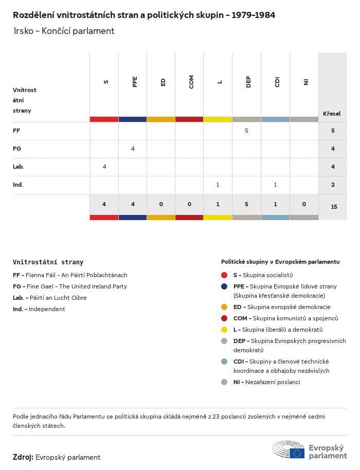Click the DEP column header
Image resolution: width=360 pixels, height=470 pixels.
pos(248,82)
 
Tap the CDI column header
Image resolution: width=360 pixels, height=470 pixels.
pos(277,82)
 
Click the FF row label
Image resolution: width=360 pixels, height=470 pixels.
pos(16,131)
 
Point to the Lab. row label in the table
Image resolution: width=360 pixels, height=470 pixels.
pos(19,167)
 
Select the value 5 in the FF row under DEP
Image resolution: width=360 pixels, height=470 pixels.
pos(246,131)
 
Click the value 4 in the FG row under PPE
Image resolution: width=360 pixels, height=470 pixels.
pos(133,149)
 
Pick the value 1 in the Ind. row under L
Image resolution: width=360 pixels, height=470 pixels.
pos(218,185)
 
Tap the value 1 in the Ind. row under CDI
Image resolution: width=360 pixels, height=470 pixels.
pos(275,185)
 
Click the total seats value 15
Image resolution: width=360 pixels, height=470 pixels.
pos(334,207)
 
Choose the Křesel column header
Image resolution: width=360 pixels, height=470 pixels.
pos(331,114)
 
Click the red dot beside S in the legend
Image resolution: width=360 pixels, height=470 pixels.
pos(224,275)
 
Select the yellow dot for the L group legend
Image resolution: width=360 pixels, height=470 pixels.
pos(224,330)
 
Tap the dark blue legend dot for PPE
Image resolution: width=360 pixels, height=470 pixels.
pos(224,286)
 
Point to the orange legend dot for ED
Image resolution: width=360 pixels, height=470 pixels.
pos(224,307)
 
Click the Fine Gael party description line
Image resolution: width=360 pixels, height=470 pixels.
pos(70,286)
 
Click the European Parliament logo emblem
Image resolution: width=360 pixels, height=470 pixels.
pos(288,449)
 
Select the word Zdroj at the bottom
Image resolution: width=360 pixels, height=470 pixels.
pos(23,457)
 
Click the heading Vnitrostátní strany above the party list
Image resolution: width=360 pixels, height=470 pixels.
pos(48,262)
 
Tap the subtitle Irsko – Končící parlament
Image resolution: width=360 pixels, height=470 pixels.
pos(64,31)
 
